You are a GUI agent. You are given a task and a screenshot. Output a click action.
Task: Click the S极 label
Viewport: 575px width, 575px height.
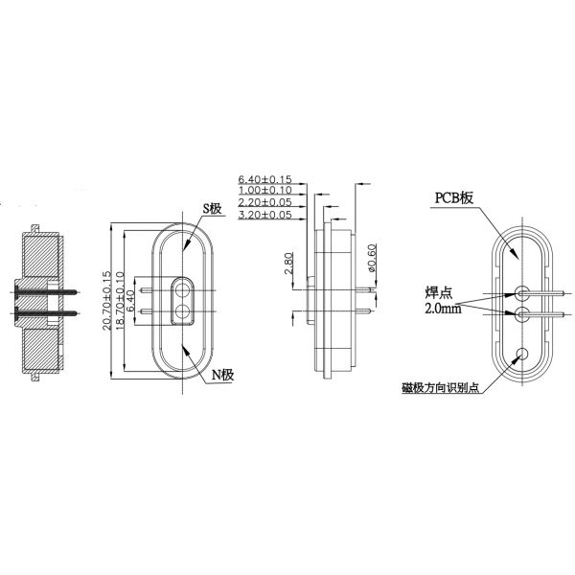[213, 209]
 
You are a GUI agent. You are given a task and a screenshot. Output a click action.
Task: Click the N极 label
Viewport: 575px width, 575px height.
[223, 375]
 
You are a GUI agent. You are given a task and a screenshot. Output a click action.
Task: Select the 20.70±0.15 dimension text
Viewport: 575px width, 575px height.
[106, 301]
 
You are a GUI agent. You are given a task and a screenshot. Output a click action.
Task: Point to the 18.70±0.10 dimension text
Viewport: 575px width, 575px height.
[120, 301]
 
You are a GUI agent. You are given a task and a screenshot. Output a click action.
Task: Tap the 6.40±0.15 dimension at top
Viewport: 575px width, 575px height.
[265, 179]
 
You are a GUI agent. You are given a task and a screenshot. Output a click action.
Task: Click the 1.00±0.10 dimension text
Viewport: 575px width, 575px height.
[265, 190]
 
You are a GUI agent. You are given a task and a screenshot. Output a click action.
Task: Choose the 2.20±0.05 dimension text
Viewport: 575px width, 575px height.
[265, 202]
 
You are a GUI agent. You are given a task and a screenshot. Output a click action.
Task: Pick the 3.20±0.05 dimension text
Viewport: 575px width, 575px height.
[265, 215]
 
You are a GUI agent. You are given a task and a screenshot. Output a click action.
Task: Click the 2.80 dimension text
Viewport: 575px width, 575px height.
[289, 263]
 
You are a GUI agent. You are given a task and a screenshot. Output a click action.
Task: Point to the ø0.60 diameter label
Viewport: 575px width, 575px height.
[372, 258]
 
